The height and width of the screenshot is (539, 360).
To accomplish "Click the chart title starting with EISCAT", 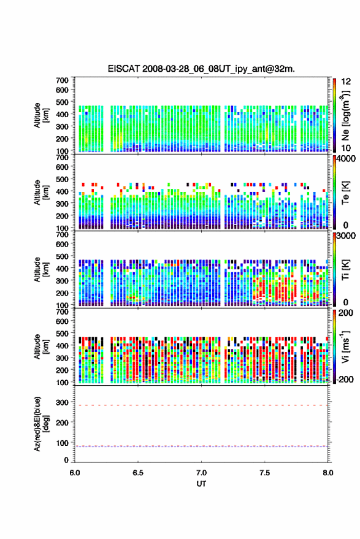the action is click(201, 69).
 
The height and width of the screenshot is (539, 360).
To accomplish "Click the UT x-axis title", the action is click(201, 484).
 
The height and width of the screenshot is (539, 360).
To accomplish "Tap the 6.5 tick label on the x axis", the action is click(138, 473).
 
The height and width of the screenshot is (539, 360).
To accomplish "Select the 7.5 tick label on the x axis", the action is click(264, 473).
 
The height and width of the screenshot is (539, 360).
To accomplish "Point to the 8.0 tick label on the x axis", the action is click(328, 473).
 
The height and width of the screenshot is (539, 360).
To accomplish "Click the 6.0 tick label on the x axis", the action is click(75, 473).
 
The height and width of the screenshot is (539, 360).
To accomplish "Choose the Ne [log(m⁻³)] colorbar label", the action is click(345, 115).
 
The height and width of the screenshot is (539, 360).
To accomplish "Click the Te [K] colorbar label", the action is click(345, 193).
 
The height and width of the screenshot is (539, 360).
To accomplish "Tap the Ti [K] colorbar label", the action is click(345, 270).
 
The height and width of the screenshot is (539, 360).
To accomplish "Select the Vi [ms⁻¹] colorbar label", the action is click(345, 346).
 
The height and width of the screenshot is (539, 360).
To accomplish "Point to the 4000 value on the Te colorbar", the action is click(347, 159).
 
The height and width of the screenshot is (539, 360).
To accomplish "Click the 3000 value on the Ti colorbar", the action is click(347, 236).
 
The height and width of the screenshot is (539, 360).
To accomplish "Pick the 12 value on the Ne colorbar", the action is click(347, 82).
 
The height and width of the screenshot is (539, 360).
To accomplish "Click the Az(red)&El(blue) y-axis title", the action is click(42, 424).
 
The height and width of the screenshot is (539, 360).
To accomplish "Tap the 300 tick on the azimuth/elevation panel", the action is click(62, 402).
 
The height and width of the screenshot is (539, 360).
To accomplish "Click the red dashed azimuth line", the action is click(201, 405).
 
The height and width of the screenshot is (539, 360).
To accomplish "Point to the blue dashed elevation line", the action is click(201, 446).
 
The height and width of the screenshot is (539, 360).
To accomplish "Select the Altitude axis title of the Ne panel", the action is click(42, 115).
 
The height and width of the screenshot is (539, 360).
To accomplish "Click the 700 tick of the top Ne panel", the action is click(62, 80).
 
